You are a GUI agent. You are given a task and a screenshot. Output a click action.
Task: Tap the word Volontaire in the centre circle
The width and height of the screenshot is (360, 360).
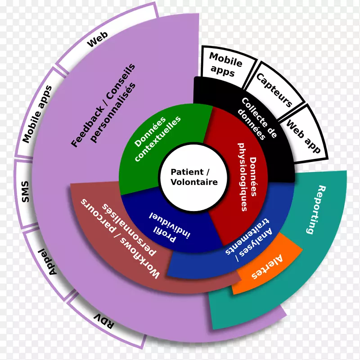[x=194, y=182]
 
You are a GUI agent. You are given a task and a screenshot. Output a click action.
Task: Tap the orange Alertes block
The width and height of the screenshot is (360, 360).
[x=267, y=265]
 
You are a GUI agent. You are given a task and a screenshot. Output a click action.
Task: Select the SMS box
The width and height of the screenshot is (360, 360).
[x=25, y=191]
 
